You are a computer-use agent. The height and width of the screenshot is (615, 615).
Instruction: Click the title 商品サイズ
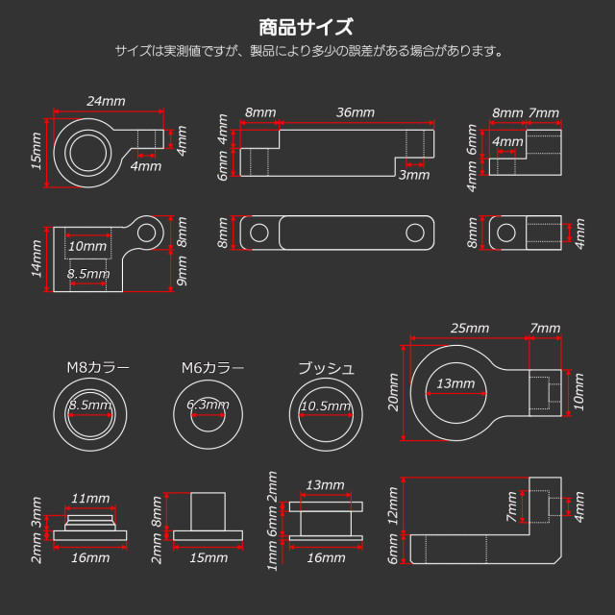[x=307, y=26]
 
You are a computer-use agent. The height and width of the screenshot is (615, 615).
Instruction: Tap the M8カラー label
[x=97, y=368]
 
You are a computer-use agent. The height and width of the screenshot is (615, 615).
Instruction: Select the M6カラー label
[x=212, y=368]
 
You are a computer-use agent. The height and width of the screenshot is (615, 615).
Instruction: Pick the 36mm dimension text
[x=356, y=112]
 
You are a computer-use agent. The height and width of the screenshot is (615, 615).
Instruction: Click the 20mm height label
[x=394, y=393]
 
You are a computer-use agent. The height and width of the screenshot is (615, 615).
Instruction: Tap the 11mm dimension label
[x=90, y=499]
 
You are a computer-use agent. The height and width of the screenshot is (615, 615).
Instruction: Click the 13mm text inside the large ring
[x=456, y=384]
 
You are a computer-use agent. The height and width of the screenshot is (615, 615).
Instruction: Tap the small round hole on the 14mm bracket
[x=147, y=231]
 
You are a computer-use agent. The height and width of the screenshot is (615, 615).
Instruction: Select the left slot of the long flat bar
[x=259, y=232]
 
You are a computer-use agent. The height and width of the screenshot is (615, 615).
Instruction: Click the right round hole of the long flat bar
[x=414, y=232]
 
